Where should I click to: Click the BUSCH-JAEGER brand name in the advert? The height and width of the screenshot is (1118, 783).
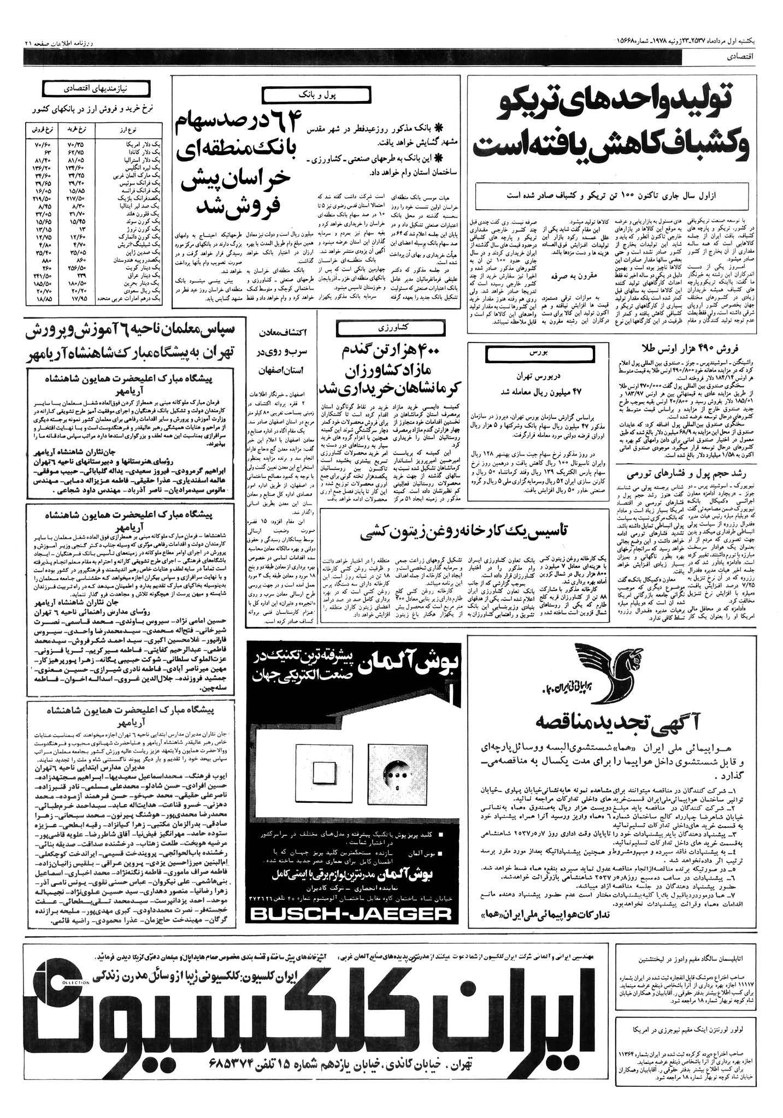click(x=349, y=913)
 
